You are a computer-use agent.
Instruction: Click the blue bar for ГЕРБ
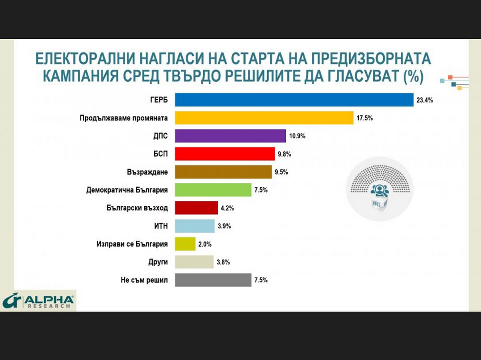(294, 100)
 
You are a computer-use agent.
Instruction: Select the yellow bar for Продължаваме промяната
(264, 118)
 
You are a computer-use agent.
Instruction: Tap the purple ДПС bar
(230, 136)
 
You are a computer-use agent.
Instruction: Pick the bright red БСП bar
(225, 154)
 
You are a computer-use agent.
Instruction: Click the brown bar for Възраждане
(223, 172)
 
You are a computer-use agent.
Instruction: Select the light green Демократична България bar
(213, 190)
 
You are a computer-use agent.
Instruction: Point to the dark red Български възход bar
(196, 208)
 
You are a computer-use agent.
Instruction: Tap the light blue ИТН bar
(194, 226)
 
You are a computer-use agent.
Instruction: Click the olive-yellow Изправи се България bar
(185, 244)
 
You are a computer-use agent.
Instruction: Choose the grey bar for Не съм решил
(213, 280)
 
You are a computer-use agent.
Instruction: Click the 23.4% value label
(424, 100)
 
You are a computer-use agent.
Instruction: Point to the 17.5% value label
(365, 118)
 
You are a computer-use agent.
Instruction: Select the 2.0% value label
(205, 244)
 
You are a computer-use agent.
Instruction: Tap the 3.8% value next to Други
(223, 262)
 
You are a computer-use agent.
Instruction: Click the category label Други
(158, 262)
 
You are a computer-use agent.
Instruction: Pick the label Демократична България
(127, 190)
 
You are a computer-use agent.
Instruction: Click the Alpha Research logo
(38, 301)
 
